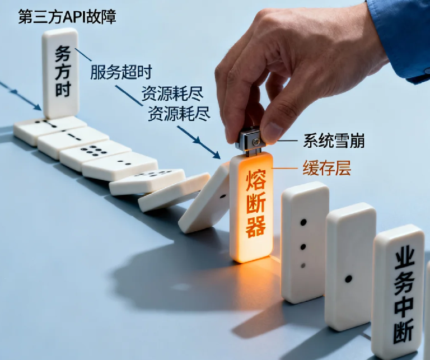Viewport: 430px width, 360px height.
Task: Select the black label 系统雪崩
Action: (334, 141)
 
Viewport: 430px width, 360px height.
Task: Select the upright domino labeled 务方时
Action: (60, 73)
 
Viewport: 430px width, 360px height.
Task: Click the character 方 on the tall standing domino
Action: (62, 72)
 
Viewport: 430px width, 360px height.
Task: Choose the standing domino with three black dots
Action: (304, 241)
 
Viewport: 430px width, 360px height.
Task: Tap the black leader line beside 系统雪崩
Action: (287, 141)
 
